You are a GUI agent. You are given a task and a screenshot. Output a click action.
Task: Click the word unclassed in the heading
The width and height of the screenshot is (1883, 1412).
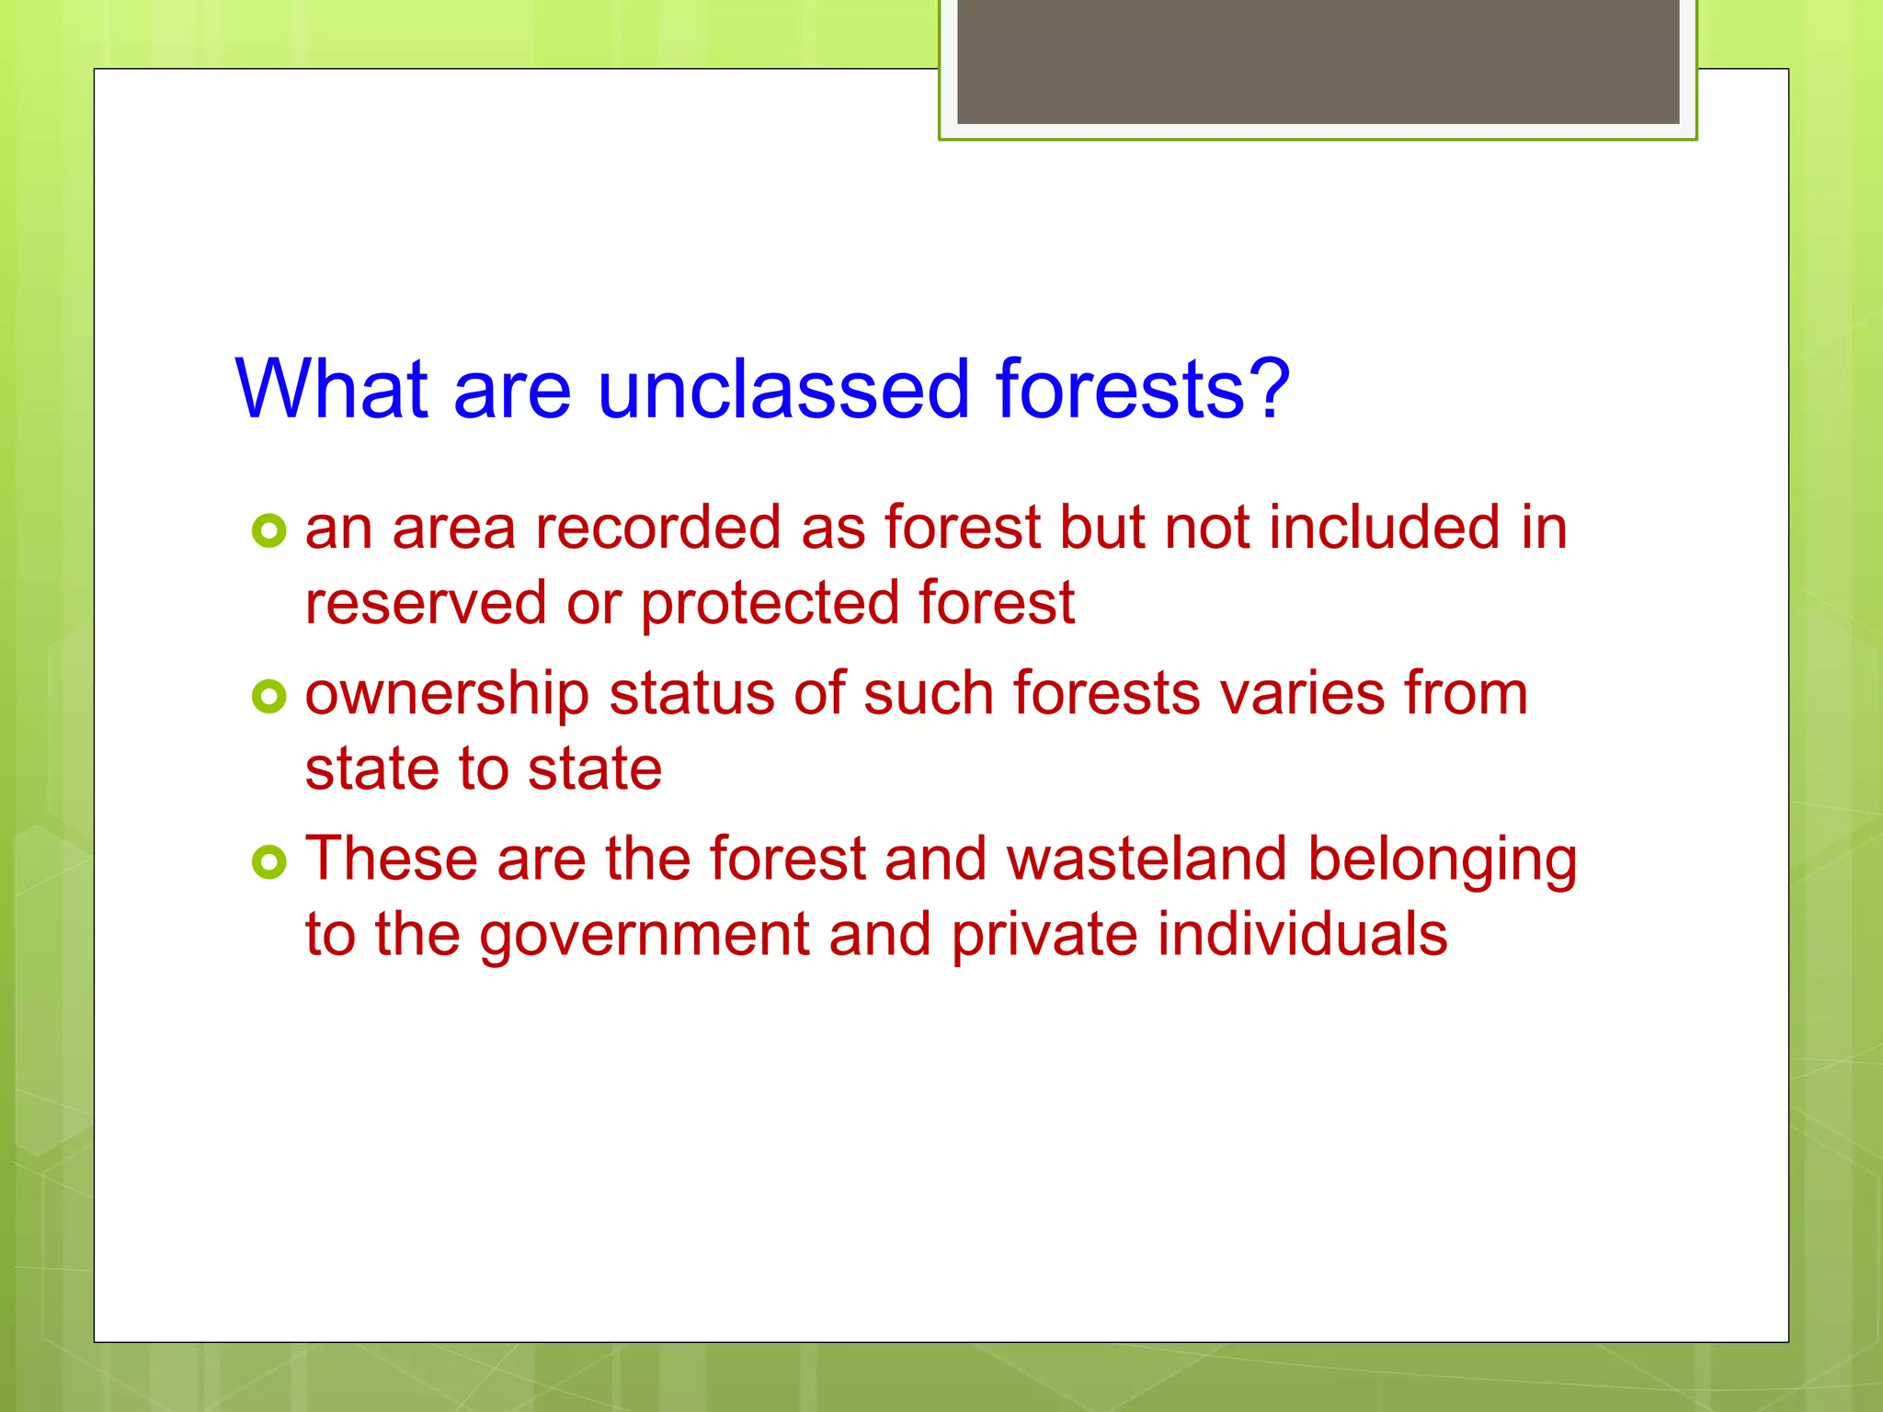[783, 390]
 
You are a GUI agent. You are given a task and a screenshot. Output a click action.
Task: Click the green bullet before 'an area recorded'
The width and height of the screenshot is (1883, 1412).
[268, 531]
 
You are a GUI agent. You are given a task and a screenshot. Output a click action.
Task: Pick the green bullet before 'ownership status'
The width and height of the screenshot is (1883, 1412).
[268, 697]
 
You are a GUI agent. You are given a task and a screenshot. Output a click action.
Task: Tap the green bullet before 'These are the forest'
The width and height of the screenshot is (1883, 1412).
[268, 862]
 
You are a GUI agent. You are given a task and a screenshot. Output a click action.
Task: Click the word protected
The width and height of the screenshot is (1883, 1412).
[769, 606]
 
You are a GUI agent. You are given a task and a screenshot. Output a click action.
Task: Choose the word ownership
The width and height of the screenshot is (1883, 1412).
[447, 696]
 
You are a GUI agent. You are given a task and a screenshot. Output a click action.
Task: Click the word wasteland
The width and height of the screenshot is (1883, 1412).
[1147, 860]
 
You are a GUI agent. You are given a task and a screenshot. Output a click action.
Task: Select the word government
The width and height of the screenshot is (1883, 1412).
[645, 937]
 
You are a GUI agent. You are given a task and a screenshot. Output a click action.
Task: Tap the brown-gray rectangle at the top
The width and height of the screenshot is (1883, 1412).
[1318, 61]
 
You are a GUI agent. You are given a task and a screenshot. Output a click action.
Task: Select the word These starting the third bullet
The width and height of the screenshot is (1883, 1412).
[392, 860]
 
